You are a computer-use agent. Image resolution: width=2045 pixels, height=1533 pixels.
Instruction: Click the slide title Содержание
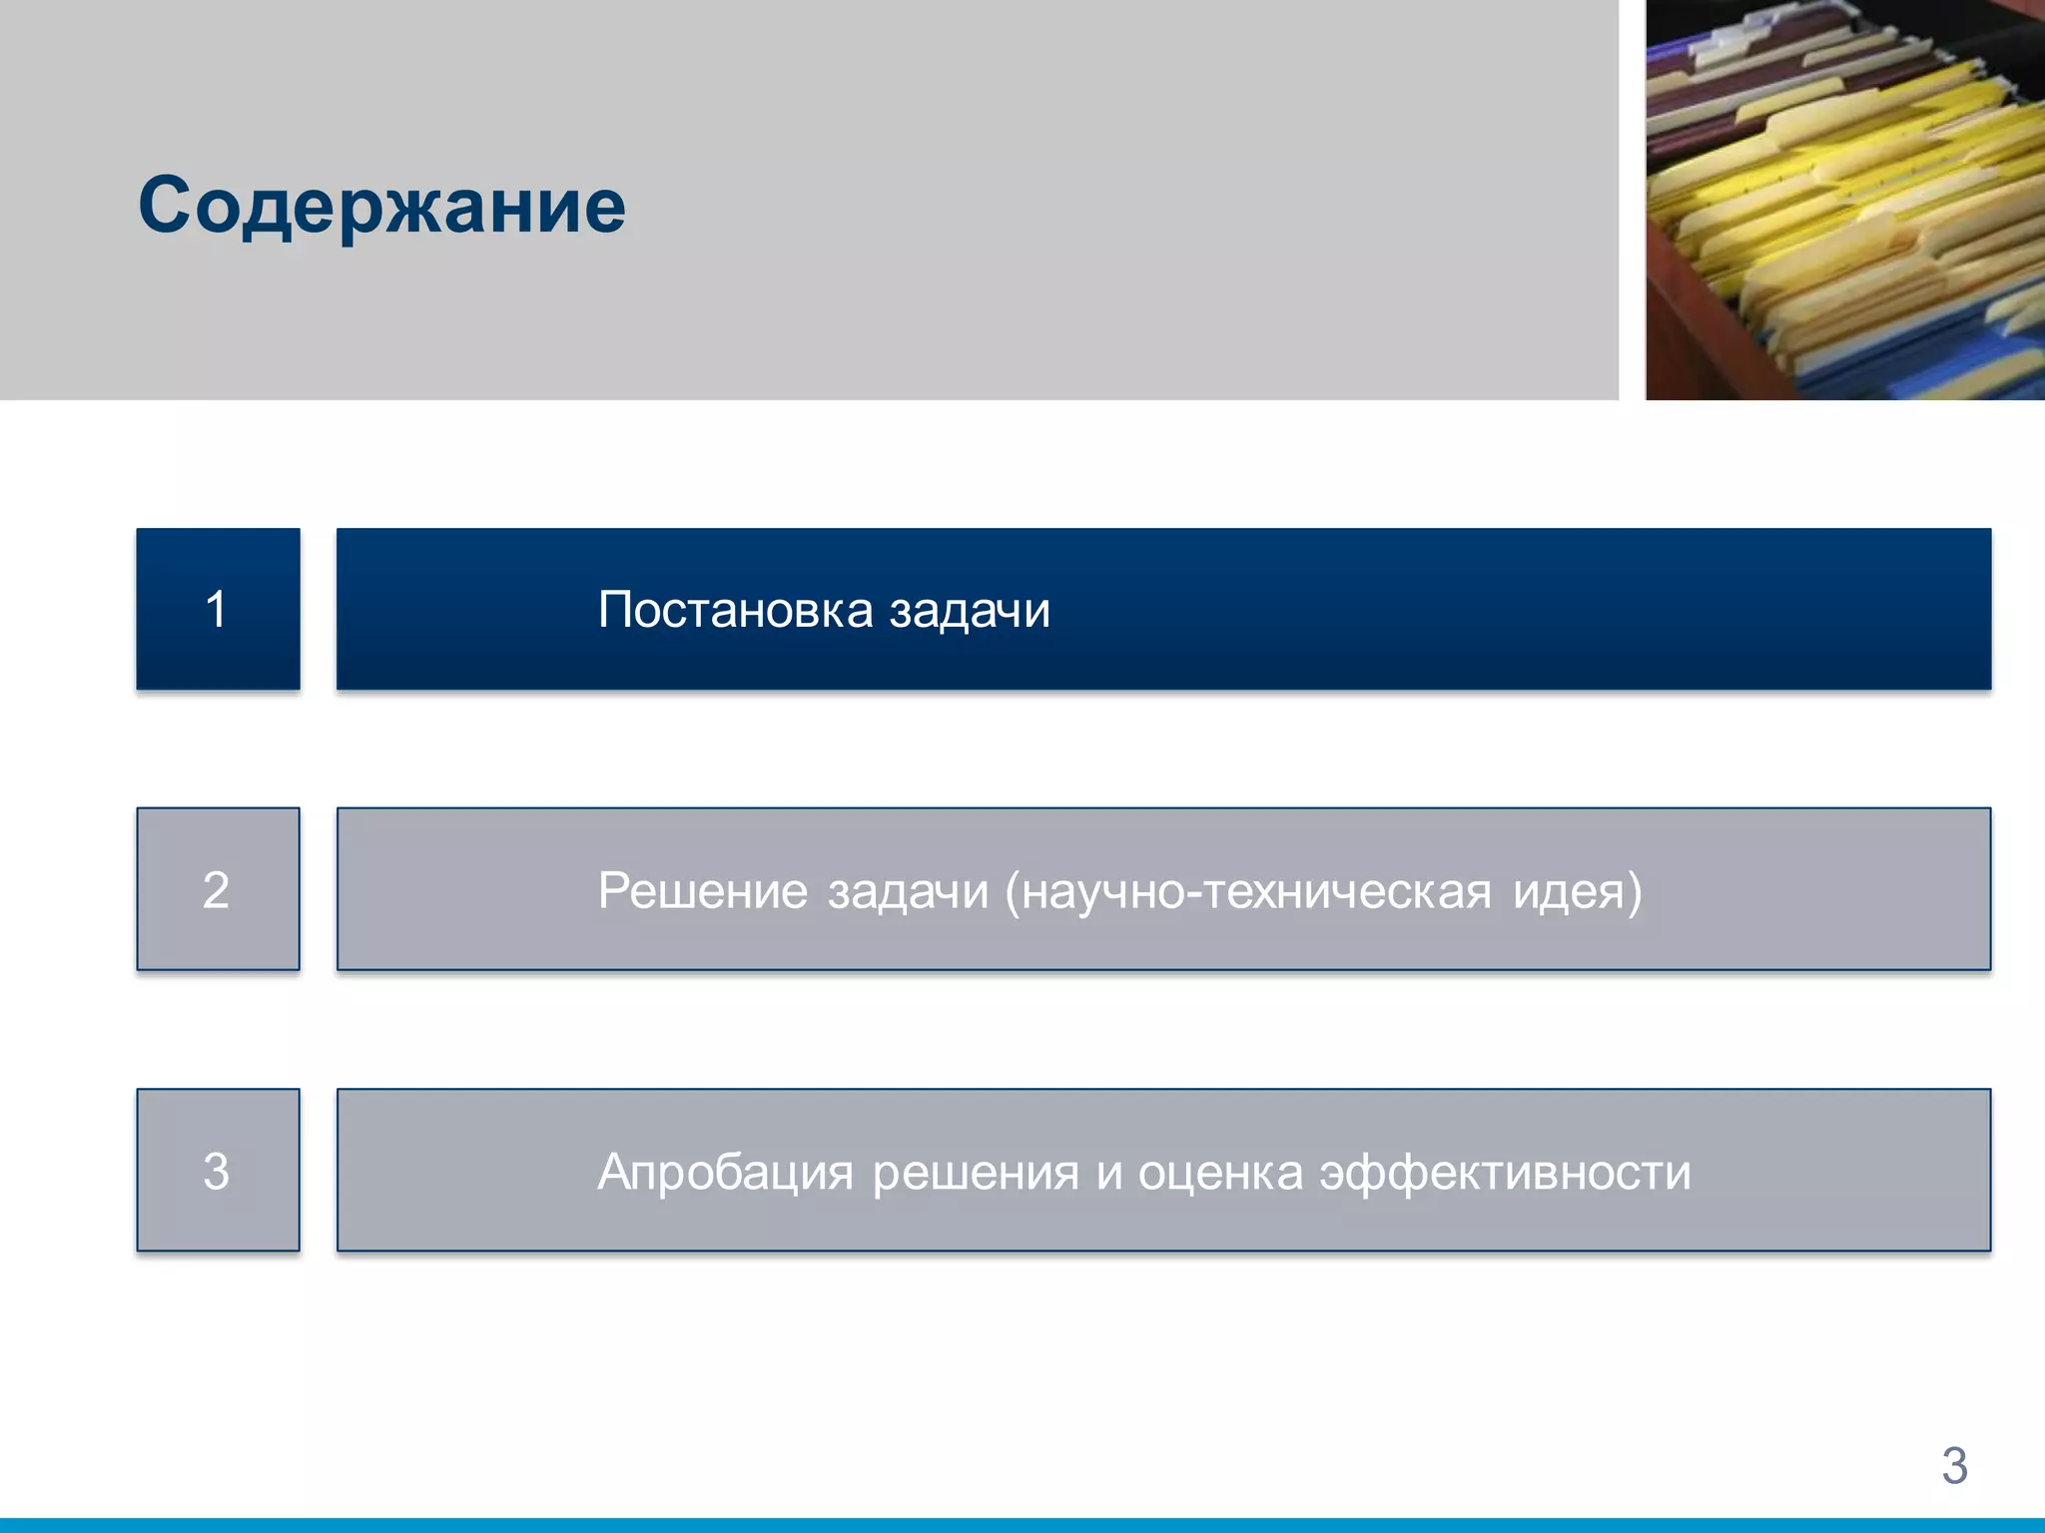pos(381,207)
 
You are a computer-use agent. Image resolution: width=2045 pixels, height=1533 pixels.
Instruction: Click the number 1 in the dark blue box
pos(217,609)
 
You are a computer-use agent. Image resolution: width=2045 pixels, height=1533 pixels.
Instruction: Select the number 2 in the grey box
pos(217,889)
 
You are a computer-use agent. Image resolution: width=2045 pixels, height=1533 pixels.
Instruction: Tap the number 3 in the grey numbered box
pos(217,1171)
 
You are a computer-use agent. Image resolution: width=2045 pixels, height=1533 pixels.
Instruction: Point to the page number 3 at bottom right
pos(1954,1465)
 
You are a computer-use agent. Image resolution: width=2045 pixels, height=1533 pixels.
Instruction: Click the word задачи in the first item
pos(970,611)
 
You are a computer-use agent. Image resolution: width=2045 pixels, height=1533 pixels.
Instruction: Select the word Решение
pos(702,890)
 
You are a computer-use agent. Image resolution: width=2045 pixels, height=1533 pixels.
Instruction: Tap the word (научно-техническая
pos(1248,891)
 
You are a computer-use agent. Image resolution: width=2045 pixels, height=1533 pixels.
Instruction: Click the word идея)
pos(1577,891)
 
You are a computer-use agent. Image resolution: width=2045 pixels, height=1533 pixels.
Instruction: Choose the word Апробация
pos(725,1173)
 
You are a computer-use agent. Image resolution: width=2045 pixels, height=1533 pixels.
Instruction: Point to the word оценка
pos(1220,1173)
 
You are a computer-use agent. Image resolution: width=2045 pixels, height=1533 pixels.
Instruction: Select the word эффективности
pos(1505,1173)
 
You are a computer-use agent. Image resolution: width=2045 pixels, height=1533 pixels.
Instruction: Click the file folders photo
pos(1844,200)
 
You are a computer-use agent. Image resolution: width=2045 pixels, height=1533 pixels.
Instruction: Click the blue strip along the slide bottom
pos(1022,1525)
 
